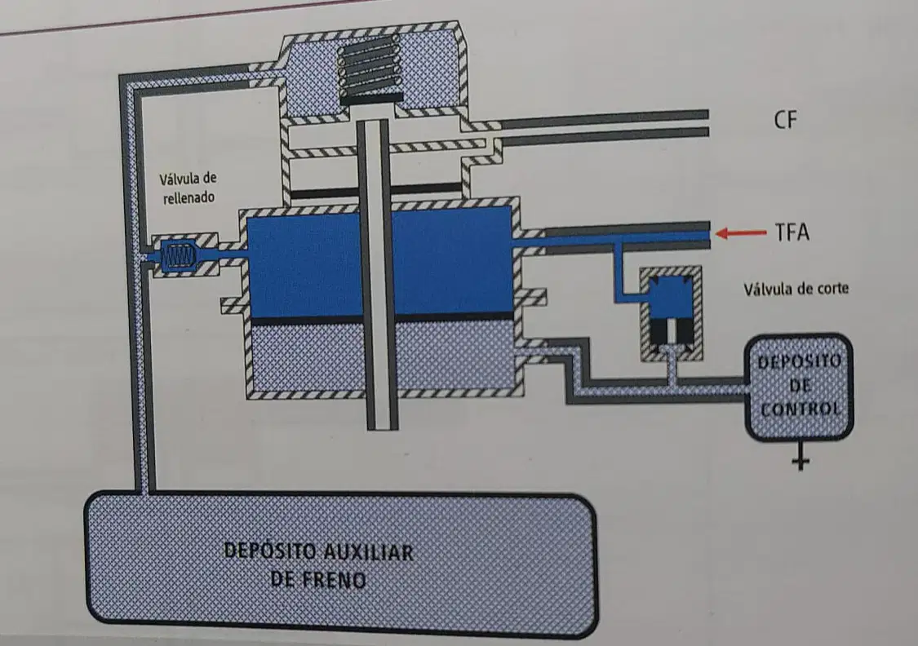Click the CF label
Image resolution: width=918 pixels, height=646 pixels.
(785, 119)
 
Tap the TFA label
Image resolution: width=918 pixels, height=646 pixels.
(792, 232)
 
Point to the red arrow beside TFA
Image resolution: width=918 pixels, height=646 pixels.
(741, 233)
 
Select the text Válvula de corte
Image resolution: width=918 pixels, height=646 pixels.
(796, 289)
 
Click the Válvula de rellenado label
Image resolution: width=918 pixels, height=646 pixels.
(188, 188)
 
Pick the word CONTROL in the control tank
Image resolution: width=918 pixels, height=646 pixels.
(800, 409)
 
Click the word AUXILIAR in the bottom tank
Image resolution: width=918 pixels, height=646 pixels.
(368, 551)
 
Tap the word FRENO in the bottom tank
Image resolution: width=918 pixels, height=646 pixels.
(335, 579)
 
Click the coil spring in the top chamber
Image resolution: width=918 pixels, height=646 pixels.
(370, 66)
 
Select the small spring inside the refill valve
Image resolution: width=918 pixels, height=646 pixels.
(180, 256)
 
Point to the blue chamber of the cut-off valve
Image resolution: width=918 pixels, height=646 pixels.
(671, 297)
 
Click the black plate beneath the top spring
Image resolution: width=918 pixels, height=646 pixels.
(371, 100)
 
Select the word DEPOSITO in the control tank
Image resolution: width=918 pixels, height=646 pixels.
(799, 361)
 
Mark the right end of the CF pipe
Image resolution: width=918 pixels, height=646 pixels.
(707, 123)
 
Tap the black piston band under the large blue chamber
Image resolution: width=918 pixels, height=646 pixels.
(382, 320)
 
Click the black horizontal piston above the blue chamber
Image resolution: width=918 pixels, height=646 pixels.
(376, 191)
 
